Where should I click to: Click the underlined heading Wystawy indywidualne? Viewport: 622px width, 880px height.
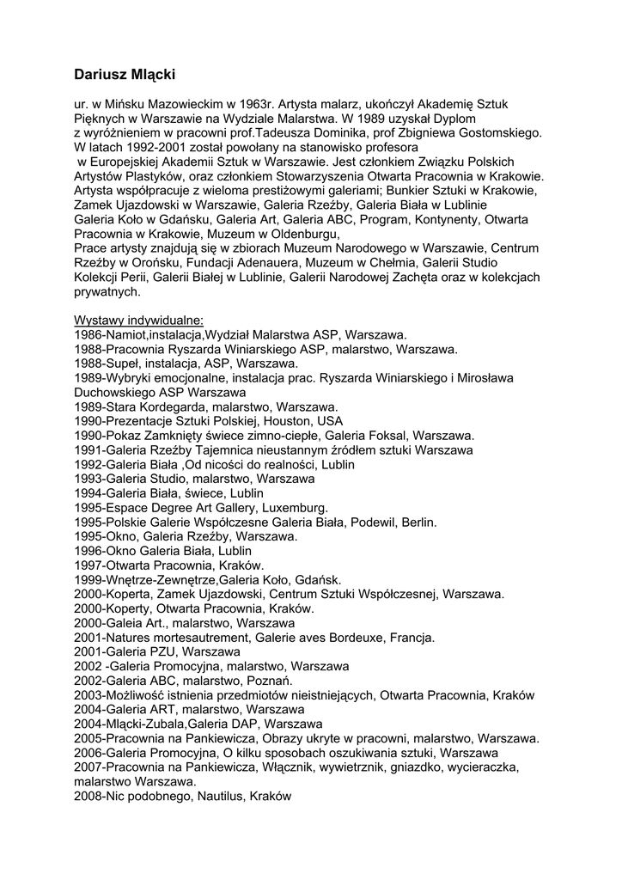pos(138,321)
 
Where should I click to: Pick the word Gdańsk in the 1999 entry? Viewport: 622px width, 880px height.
pos(319,580)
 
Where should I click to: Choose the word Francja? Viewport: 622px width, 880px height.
pos(412,638)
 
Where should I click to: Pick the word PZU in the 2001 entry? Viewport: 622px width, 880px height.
pos(174,652)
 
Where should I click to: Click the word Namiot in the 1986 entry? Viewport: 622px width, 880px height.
pos(126,334)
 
